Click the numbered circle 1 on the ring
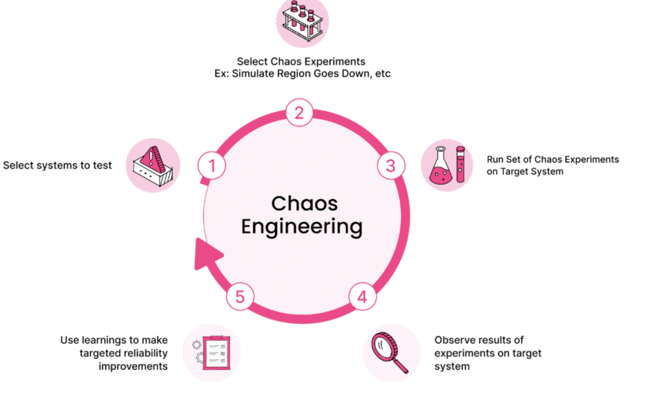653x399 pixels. point(212,166)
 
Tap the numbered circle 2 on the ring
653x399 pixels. point(299,113)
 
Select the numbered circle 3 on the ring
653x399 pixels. point(391,166)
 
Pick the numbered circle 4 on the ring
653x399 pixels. point(362,297)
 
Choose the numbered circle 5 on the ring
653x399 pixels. point(240,297)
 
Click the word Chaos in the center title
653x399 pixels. point(304,203)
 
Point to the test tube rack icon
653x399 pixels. point(302,22)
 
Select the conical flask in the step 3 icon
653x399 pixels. point(441,167)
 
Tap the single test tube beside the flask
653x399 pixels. point(460,164)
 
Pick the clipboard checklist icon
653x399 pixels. point(216,353)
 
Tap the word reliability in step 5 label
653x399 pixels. point(146,353)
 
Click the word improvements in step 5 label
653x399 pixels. point(133,366)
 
